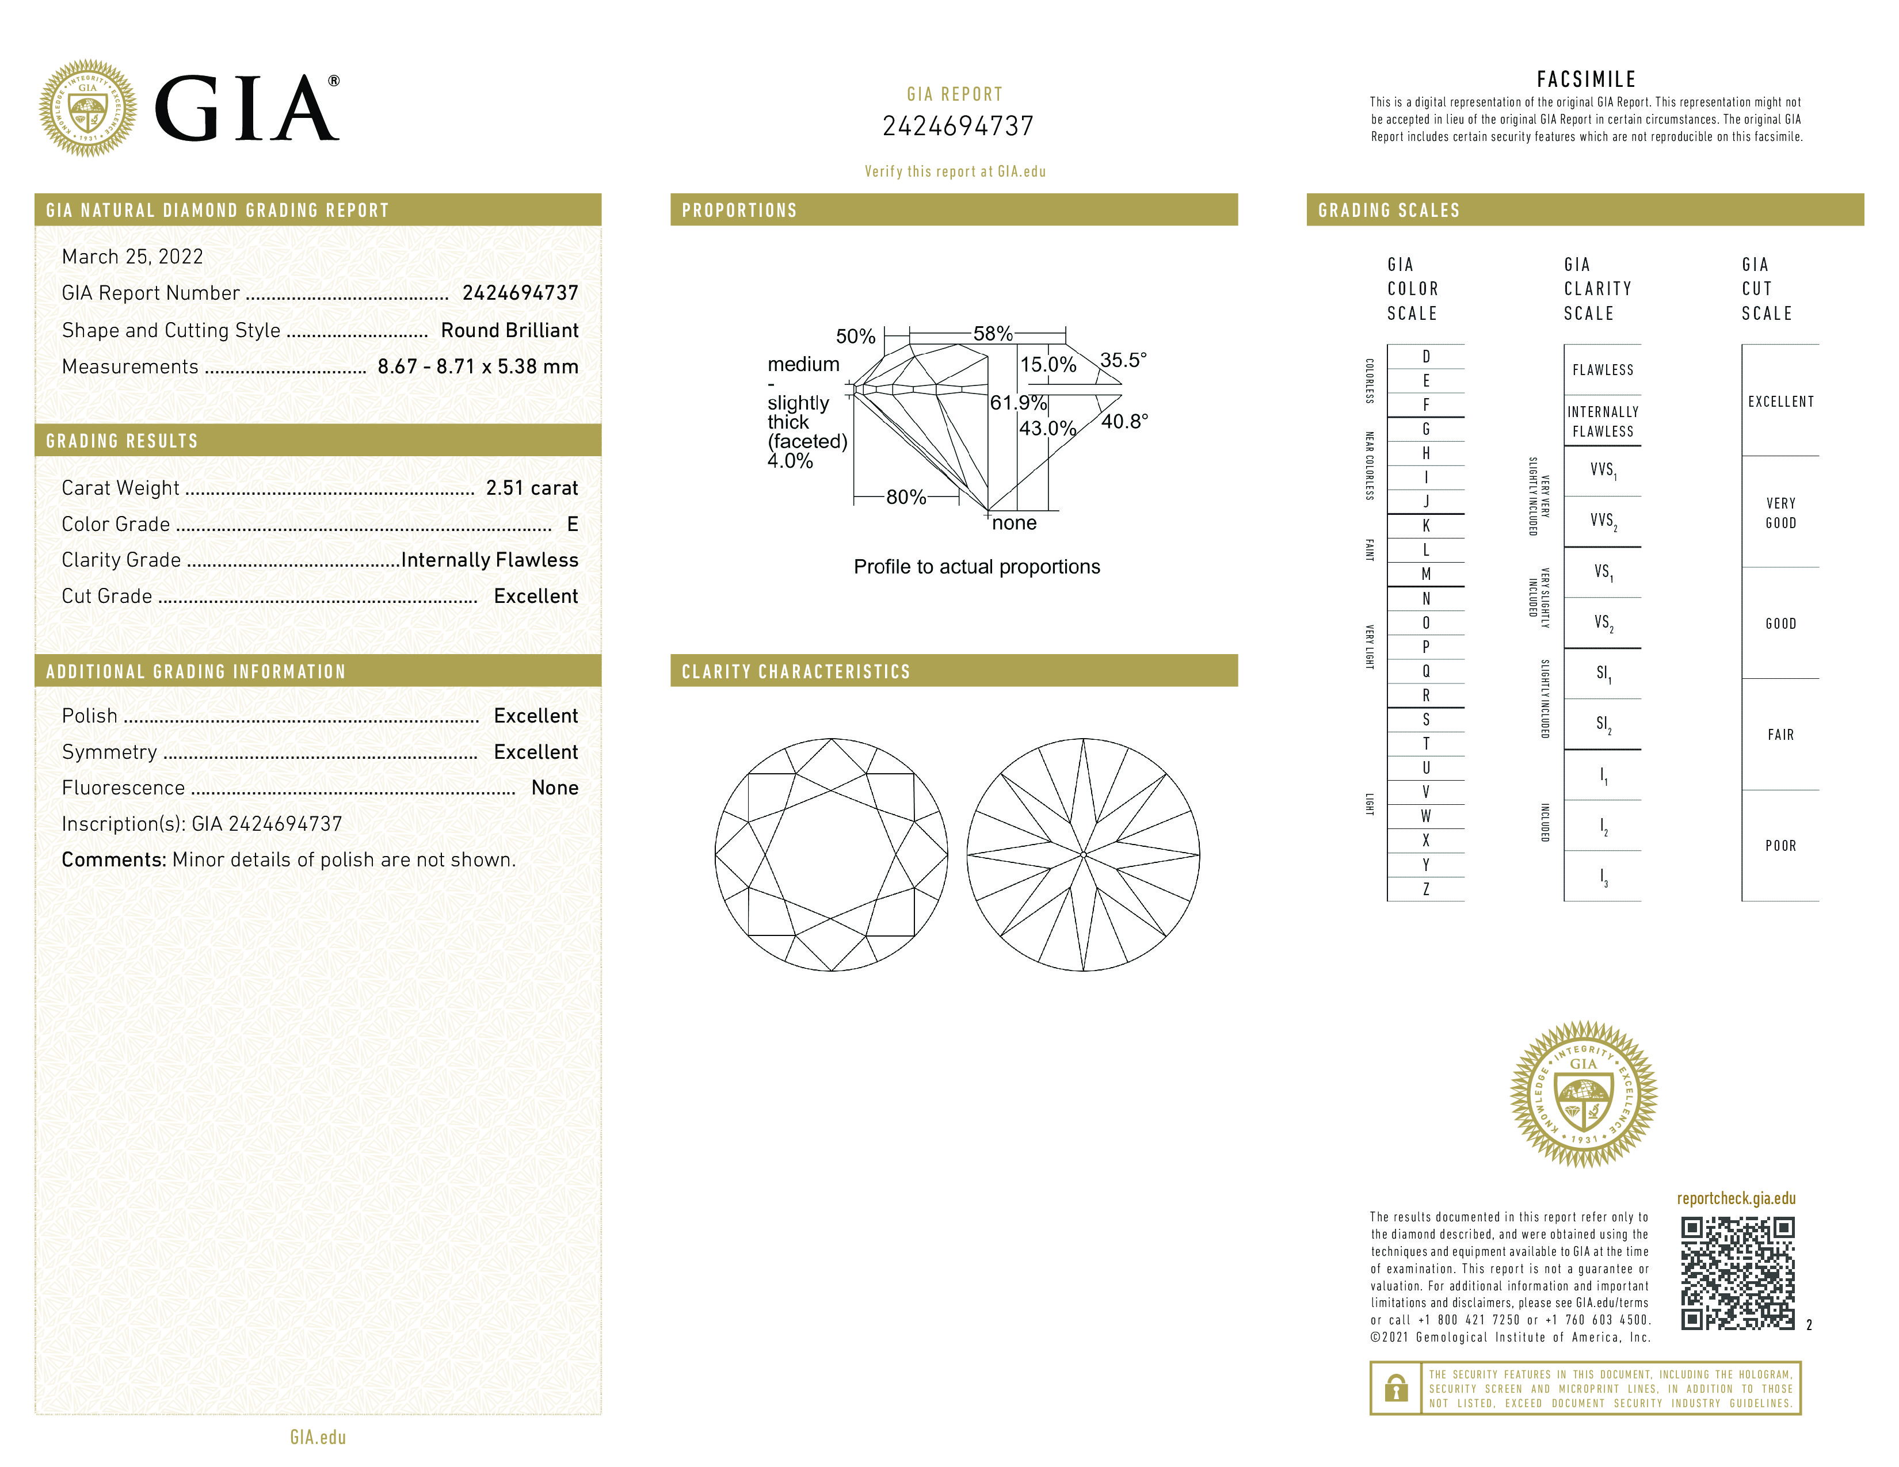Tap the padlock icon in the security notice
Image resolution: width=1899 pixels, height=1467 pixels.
[x=1395, y=1388]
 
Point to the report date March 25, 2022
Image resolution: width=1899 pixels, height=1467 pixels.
[x=132, y=257]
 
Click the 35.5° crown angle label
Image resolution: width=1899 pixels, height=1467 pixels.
[x=1123, y=360]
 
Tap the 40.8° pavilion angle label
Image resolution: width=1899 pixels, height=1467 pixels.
[x=1124, y=422]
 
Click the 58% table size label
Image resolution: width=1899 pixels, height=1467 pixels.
[x=992, y=334]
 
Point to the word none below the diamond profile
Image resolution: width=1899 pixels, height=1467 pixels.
[x=1014, y=523]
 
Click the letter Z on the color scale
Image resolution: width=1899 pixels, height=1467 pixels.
[x=1426, y=889]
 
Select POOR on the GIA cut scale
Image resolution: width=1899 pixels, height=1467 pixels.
[x=1780, y=846]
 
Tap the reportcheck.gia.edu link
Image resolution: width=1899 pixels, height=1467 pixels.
[x=1736, y=1198]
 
